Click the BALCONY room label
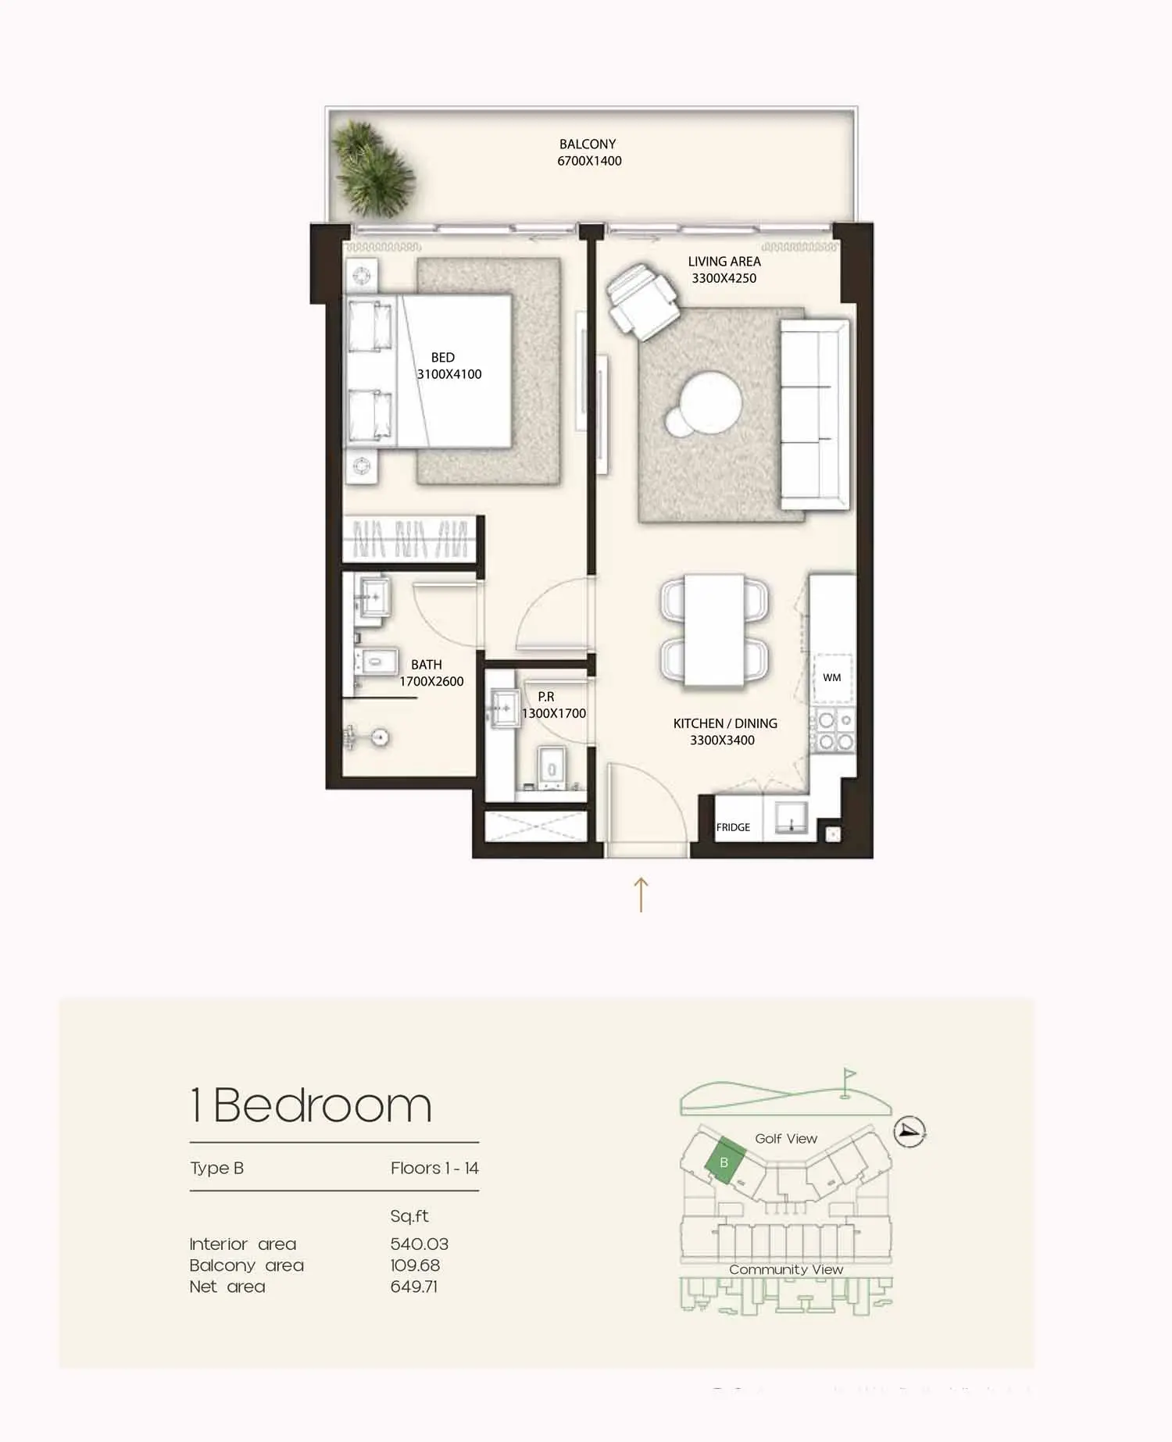click(588, 145)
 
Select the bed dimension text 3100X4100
click(449, 374)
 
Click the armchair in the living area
click(643, 302)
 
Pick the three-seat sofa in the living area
click(815, 414)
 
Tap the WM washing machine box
click(832, 677)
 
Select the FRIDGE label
click(733, 827)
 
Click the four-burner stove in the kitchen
click(832, 730)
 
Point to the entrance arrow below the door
click(641, 894)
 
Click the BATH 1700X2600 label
click(431, 673)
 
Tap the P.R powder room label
click(546, 697)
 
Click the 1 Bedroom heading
click(311, 1105)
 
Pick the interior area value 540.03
click(420, 1244)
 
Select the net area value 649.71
click(414, 1287)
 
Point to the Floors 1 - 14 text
click(434, 1169)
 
